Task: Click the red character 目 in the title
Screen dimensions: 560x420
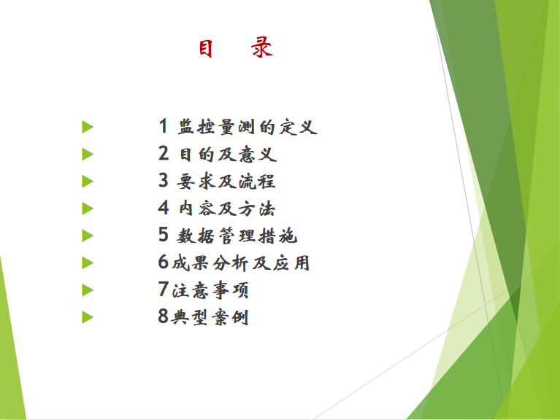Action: point(206,48)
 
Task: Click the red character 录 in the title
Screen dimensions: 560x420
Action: point(262,47)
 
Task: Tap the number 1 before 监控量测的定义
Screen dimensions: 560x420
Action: point(164,126)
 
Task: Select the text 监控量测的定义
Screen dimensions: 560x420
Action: point(248,127)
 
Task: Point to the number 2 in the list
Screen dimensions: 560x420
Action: point(164,153)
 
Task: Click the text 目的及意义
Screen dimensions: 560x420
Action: point(228,155)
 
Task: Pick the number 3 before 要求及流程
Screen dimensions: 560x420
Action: point(164,180)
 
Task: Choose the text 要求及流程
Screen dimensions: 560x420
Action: point(226,182)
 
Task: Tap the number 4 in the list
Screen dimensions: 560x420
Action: point(164,208)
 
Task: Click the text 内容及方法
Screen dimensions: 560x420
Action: point(227,209)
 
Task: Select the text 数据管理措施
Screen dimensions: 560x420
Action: point(237,236)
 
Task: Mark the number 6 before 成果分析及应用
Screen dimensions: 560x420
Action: point(164,262)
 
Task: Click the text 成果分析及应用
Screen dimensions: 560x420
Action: point(241,263)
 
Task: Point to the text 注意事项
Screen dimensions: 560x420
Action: point(210,290)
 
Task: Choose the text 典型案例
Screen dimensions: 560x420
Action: point(210,317)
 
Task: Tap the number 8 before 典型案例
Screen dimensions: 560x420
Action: point(164,316)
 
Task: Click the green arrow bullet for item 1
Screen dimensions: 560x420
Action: point(88,127)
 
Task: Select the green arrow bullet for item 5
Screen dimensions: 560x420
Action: point(88,236)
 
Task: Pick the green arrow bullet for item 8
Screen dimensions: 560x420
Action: point(88,317)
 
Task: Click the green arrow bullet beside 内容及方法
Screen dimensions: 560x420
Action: point(88,209)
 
